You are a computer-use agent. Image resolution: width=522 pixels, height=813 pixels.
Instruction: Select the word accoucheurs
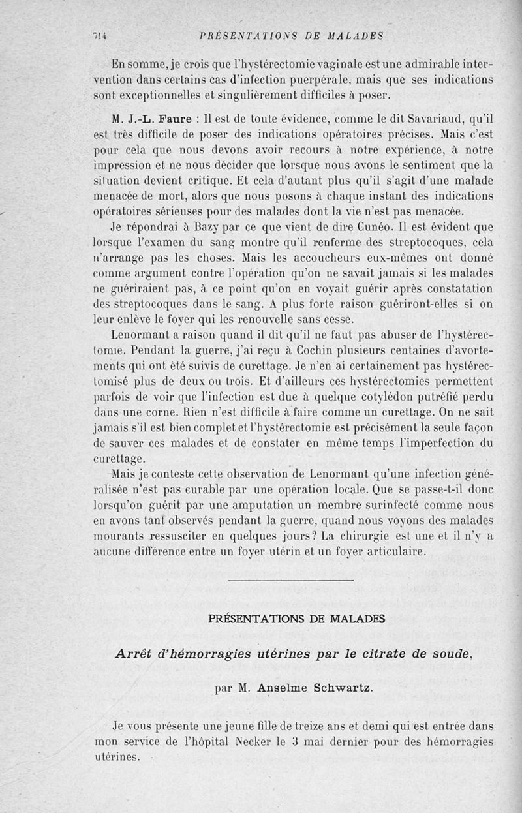[x=303, y=258]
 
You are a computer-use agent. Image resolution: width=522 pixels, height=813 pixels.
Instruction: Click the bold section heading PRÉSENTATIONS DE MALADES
[x=296, y=618]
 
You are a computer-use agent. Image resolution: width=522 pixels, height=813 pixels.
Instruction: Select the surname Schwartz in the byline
[x=341, y=688]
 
